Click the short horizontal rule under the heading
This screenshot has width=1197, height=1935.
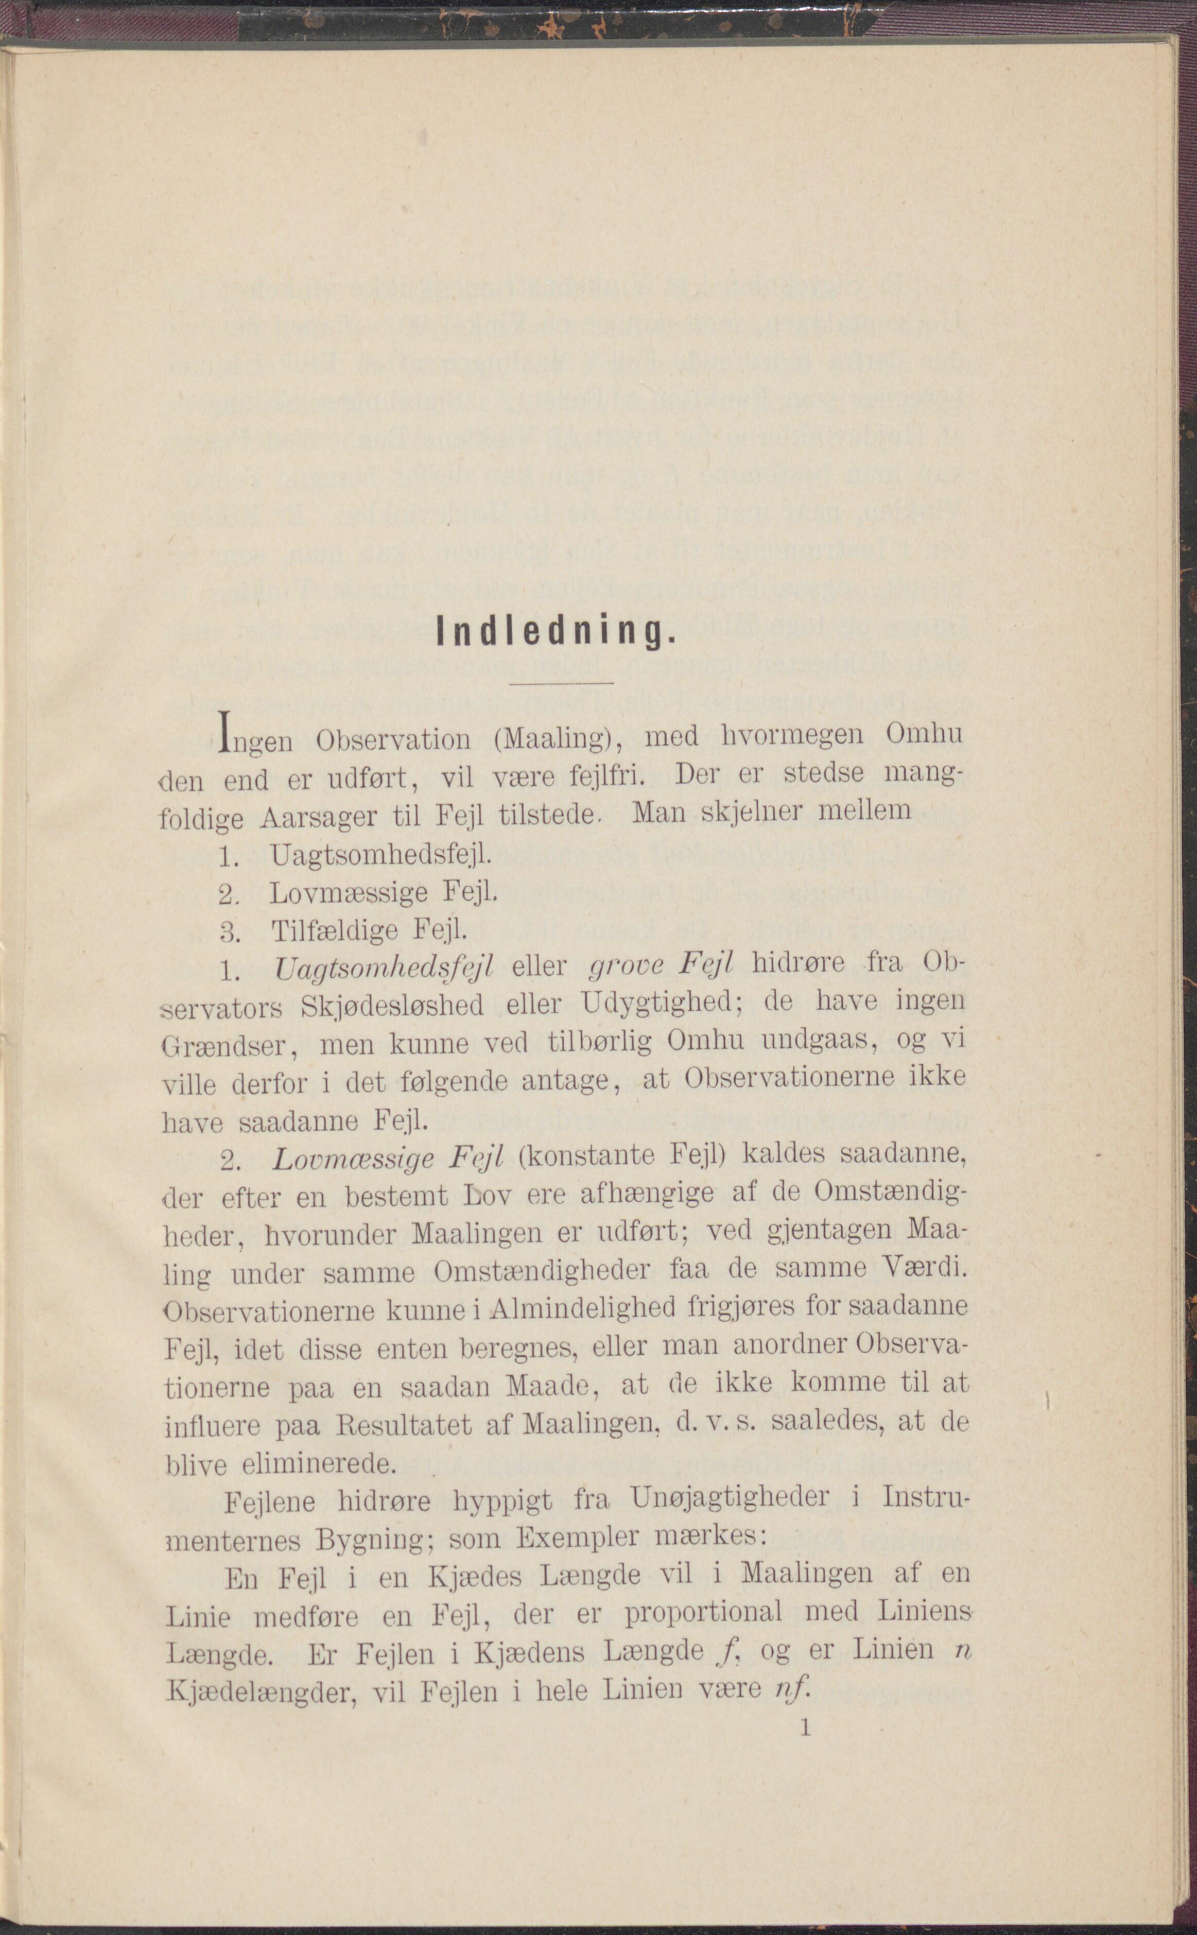(561, 682)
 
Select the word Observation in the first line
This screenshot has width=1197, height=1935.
(393, 739)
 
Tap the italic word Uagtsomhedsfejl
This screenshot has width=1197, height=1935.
(383, 967)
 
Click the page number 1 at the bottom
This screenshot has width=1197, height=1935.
(806, 1727)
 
